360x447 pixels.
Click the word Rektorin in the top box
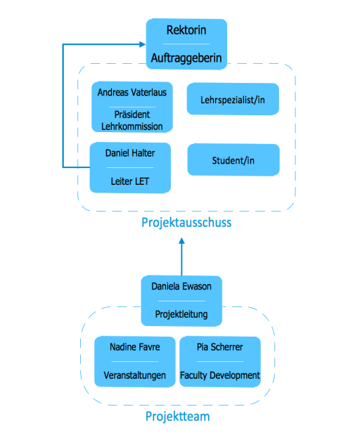186,30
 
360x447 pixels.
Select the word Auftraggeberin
186,58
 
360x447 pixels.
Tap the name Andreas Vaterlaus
131,92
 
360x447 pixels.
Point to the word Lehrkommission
131,127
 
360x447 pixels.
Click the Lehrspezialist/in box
233,99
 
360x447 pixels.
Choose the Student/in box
233,160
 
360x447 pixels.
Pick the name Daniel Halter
130,153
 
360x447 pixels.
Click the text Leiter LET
130,181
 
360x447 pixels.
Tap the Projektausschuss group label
186,223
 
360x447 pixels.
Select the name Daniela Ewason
181,286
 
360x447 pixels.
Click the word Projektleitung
181,314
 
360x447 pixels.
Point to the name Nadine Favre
134,347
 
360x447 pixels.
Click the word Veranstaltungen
134,375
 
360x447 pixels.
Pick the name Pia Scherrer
219,347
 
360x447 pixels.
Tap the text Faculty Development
220,375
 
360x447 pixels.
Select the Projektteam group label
178,417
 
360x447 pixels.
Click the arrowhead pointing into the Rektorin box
143,44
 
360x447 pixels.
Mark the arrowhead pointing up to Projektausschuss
181,241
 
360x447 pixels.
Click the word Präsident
131,115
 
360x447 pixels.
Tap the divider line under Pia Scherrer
220,361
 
